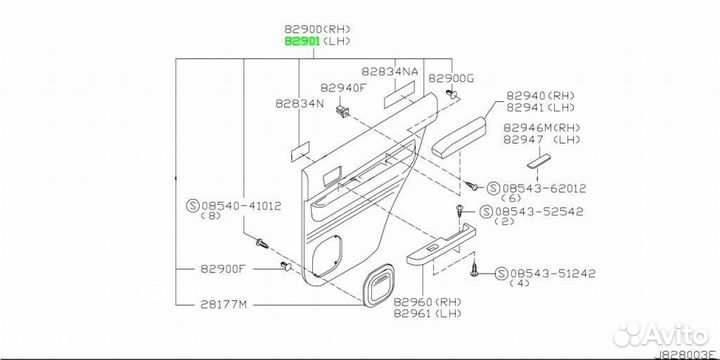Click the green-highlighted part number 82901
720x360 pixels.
point(302,41)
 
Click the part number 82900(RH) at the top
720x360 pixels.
point(318,29)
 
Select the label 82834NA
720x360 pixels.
point(390,72)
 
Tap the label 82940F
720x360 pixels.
point(343,87)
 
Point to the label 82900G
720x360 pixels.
point(450,79)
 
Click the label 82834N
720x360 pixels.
point(299,104)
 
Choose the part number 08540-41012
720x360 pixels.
point(241,206)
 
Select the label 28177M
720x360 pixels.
point(224,304)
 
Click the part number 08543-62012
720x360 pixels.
point(544,188)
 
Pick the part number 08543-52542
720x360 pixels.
point(537,212)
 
